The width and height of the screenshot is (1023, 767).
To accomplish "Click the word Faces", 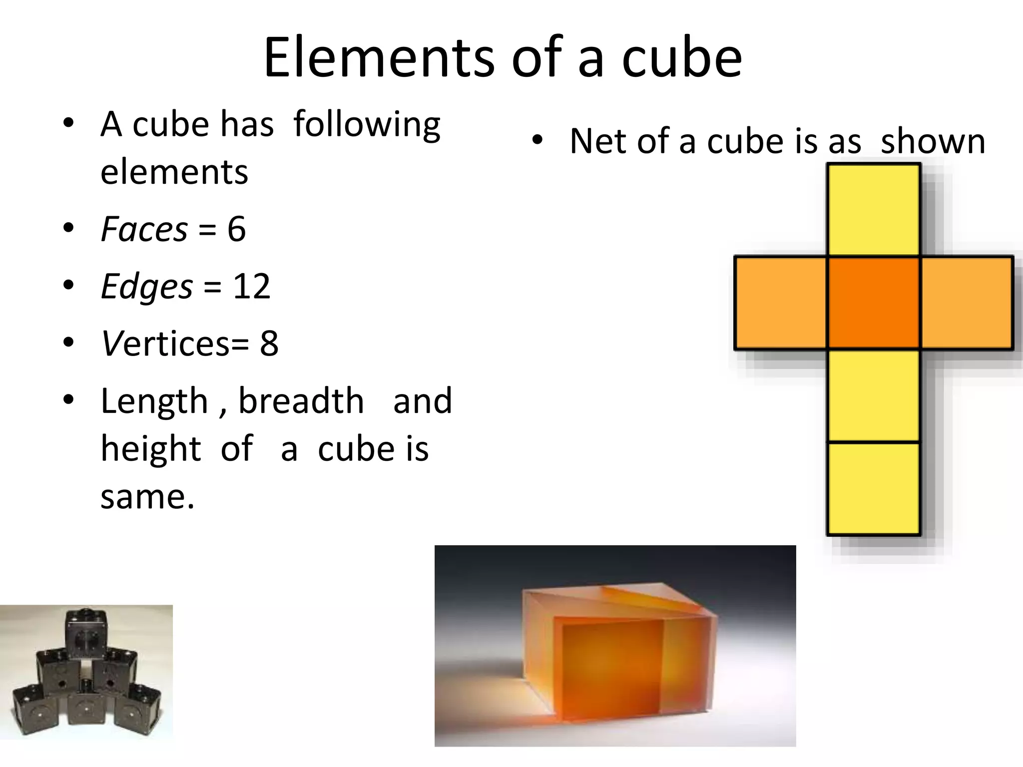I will coord(144,229).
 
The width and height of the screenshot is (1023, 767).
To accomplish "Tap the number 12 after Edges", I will coord(252,287).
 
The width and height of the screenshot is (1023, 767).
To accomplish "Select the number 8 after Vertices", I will coord(269,344).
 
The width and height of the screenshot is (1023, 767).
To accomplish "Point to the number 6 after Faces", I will coord(236,229).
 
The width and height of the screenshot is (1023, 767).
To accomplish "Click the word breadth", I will coord(301,401).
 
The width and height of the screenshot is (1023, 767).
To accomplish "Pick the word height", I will coord(151,448).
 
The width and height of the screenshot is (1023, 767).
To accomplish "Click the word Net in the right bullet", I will coord(598,141).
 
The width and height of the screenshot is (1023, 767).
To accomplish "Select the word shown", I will coord(933,141).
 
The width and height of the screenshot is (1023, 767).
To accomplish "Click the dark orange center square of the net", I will coord(874,303).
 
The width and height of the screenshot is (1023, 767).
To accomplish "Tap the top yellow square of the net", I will coord(874,210).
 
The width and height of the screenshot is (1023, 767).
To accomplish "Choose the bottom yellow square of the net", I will coord(874,488).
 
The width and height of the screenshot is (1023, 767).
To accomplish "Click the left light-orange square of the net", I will coord(781,303).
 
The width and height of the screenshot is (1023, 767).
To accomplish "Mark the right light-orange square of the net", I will coord(966,303).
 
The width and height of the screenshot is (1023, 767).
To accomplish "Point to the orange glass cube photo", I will coord(615,645).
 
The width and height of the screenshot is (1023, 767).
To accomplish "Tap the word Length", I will coord(154,401).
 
